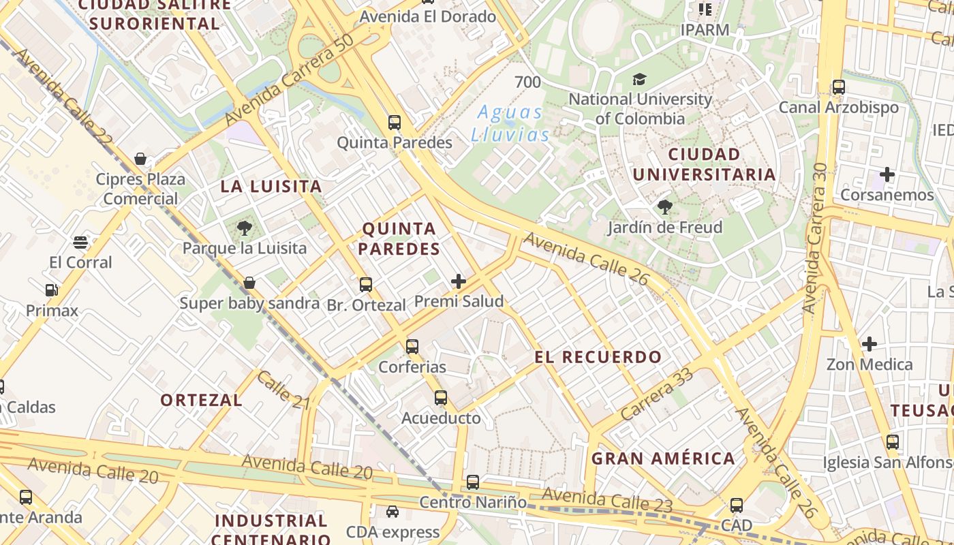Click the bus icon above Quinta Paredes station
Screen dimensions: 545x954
pos(395,123)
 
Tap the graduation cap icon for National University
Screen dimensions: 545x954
pos(639,80)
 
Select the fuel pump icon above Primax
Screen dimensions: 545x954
pos(51,290)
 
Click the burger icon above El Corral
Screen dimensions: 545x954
pos(80,242)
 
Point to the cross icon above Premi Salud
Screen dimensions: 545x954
pos(459,281)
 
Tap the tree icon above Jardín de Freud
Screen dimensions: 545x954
pos(665,207)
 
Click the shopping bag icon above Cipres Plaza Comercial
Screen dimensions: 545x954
pos(140,159)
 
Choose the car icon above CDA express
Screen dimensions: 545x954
pos(393,512)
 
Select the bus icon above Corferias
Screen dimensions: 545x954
pos(412,347)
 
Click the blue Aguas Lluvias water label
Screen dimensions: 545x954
pos(510,123)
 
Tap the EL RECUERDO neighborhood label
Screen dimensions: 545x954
pos(598,357)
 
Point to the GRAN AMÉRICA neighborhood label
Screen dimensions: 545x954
pos(663,458)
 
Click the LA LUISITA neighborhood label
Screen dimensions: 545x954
pos(271,187)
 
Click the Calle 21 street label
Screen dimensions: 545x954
pos(283,390)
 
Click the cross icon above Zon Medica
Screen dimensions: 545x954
pos(869,344)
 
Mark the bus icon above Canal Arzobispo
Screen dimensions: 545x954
pos(839,87)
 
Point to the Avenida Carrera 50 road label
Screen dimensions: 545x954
pos(289,80)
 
